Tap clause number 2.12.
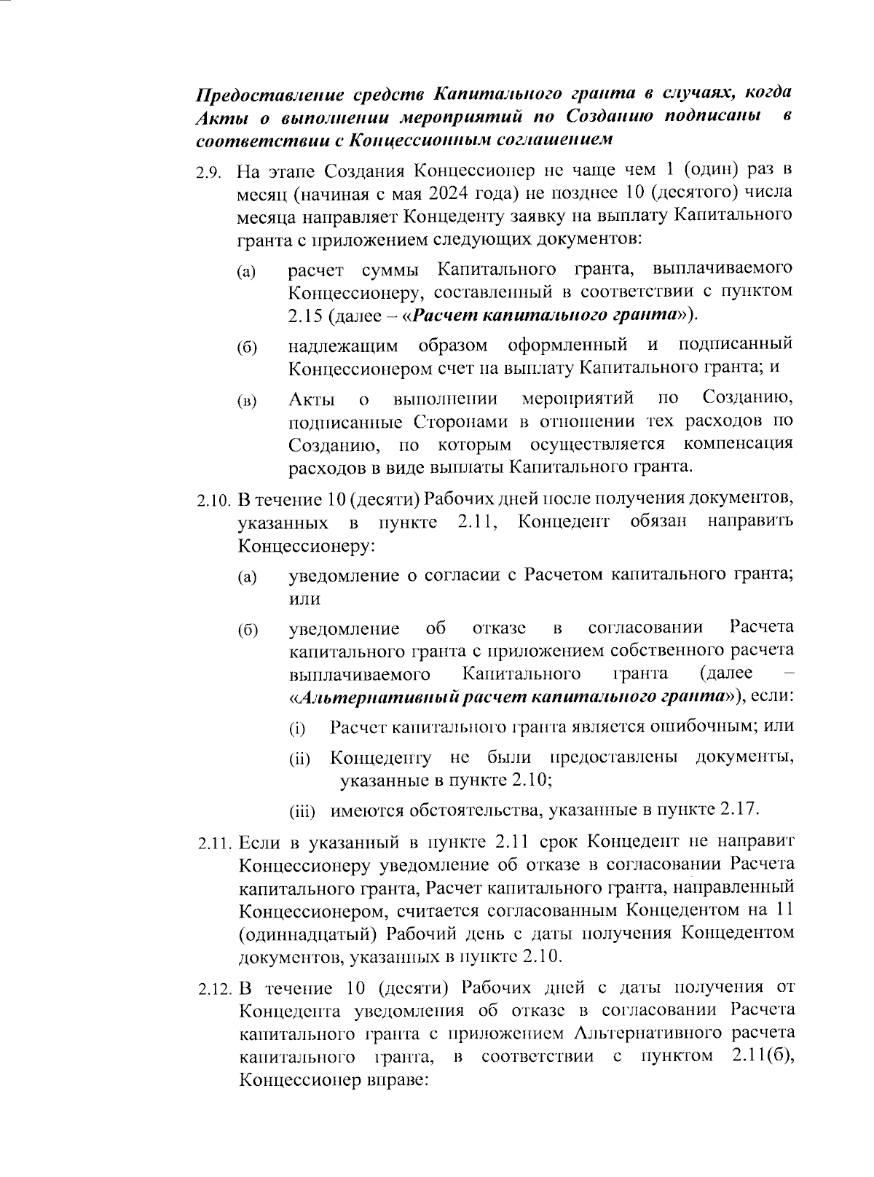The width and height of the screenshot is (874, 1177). coord(216,989)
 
